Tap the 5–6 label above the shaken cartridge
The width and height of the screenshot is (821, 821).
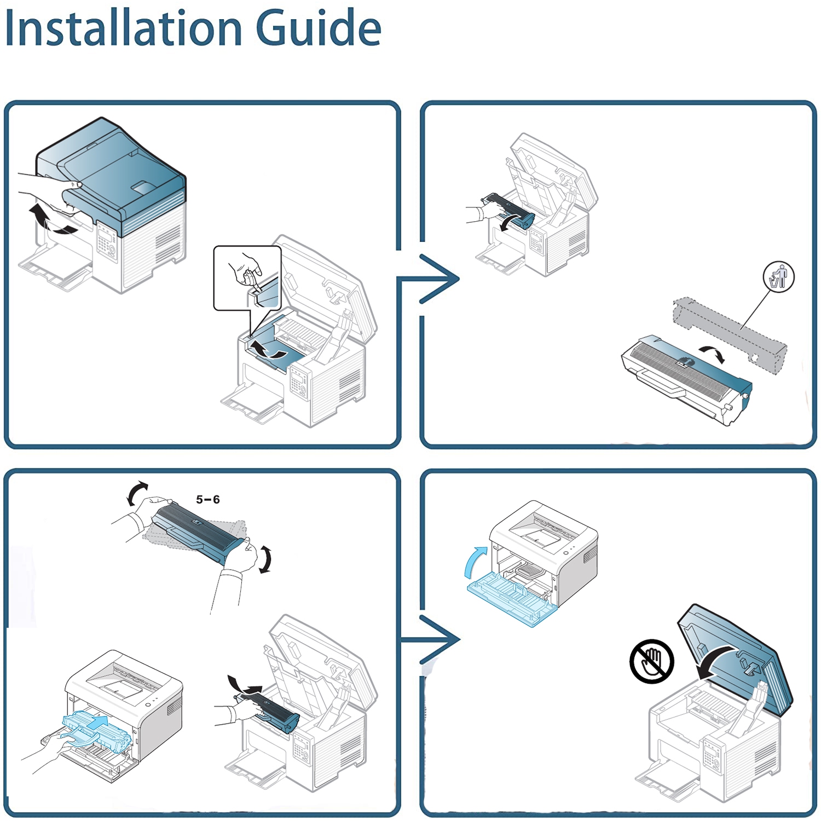click(208, 500)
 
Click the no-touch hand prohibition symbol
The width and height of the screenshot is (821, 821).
click(651, 661)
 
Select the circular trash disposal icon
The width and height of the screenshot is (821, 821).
click(778, 277)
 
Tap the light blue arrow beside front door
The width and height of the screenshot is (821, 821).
click(474, 561)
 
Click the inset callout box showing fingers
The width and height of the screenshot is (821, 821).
click(247, 277)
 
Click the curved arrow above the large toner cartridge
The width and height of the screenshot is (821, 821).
click(713, 354)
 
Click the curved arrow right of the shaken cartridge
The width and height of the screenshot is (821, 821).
click(265, 559)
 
